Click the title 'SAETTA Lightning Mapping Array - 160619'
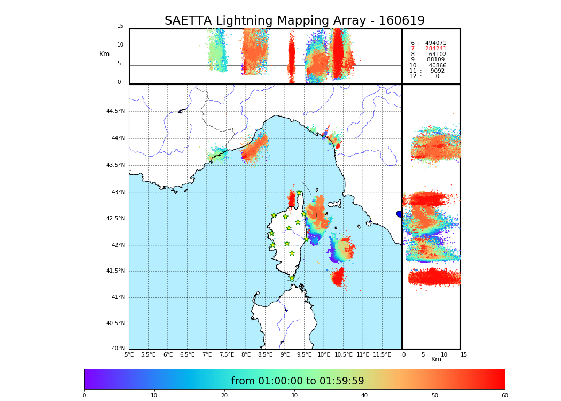tap(294, 21)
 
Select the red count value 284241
tap(435, 49)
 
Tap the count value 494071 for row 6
tap(435, 43)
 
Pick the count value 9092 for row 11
tap(437, 71)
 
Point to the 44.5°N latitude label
tap(115, 111)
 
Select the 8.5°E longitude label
tap(266, 354)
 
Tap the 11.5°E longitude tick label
tap(383, 354)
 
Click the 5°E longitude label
tap(129, 354)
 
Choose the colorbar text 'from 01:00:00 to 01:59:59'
tap(298, 381)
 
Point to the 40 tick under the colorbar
tap(364, 396)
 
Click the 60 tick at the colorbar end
tap(504, 396)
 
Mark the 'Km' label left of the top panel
tap(104, 54)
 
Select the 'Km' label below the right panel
tap(436, 359)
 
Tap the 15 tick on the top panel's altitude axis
tap(120, 26)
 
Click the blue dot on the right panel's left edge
tap(399, 214)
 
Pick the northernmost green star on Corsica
tap(299, 192)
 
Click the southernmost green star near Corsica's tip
tap(292, 278)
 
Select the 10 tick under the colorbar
tap(154, 396)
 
